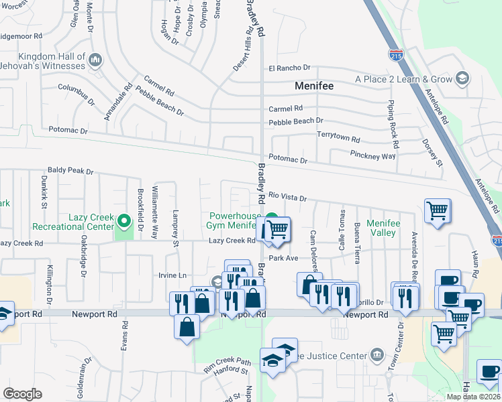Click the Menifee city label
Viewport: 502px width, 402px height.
tap(314, 86)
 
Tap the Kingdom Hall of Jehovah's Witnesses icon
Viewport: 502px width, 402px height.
tap(95, 61)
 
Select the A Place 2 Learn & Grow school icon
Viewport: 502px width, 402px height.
tap(462, 79)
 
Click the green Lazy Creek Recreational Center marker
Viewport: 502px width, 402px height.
tap(123, 220)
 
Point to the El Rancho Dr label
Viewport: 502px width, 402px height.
tap(289, 68)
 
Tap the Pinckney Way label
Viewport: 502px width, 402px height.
tap(372, 155)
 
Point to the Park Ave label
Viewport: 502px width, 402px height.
tap(283, 258)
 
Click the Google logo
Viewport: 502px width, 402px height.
tap(22, 394)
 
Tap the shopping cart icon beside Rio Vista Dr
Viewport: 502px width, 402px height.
tap(437, 211)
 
